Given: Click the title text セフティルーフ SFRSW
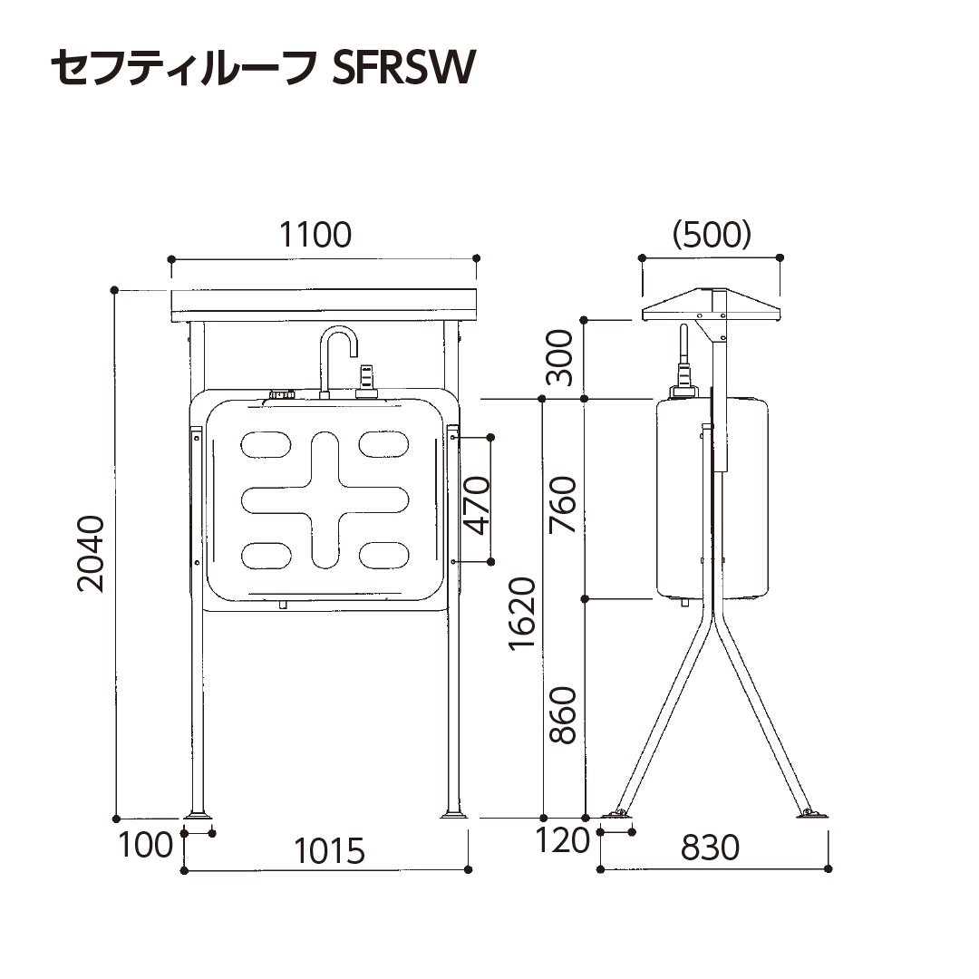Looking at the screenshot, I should tap(263, 68).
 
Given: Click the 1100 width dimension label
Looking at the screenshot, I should tap(315, 235).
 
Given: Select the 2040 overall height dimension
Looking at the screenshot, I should tap(92, 553).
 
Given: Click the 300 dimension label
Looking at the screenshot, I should tap(563, 358).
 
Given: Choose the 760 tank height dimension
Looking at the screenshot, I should tap(563, 504).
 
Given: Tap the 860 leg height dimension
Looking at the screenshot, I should tap(563, 715).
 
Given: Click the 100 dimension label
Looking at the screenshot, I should tap(145, 845).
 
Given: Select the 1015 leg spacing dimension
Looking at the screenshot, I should tap(328, 851).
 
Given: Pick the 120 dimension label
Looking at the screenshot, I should tap(562, 841).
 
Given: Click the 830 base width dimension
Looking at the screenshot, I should tap(710, 848).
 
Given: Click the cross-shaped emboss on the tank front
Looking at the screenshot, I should tap(325, 499).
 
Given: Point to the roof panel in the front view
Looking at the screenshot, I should tap(324, 305).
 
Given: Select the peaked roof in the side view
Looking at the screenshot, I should tap(712, 305).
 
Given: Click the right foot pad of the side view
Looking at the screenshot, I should tap(811, 815).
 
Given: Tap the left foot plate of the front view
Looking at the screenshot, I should tap(197, 815).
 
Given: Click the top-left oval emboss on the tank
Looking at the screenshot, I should tap(266, 444).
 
